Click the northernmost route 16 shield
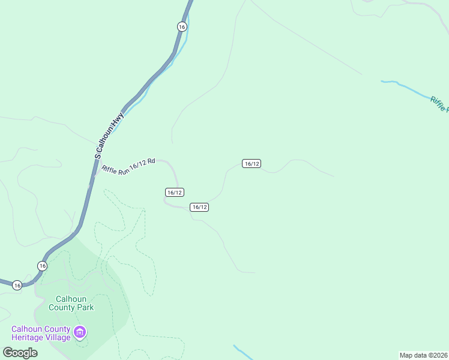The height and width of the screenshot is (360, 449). tap(182, 26)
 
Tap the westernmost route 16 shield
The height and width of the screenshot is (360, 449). tap(17, 285)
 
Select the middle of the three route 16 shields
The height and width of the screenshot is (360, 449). tap(41, 265)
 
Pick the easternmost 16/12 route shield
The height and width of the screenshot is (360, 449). tap(252, 164)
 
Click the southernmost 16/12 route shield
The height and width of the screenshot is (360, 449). tap(199, 207)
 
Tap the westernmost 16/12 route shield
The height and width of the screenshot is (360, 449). tap(174, 192)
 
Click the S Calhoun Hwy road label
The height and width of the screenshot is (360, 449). tap(109, 135)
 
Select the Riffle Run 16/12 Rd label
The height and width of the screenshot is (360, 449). tap(128, 166)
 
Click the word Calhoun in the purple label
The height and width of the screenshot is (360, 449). tap(27, 328)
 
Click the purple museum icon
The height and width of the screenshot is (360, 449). tap(80, 332)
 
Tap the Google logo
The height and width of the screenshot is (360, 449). tap(20, 352)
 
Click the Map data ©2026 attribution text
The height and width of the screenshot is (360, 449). tap(423, 355)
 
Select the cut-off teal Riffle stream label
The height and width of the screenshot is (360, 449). tap(439, 104)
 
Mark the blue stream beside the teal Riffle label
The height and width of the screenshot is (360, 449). tap(408, 87)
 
